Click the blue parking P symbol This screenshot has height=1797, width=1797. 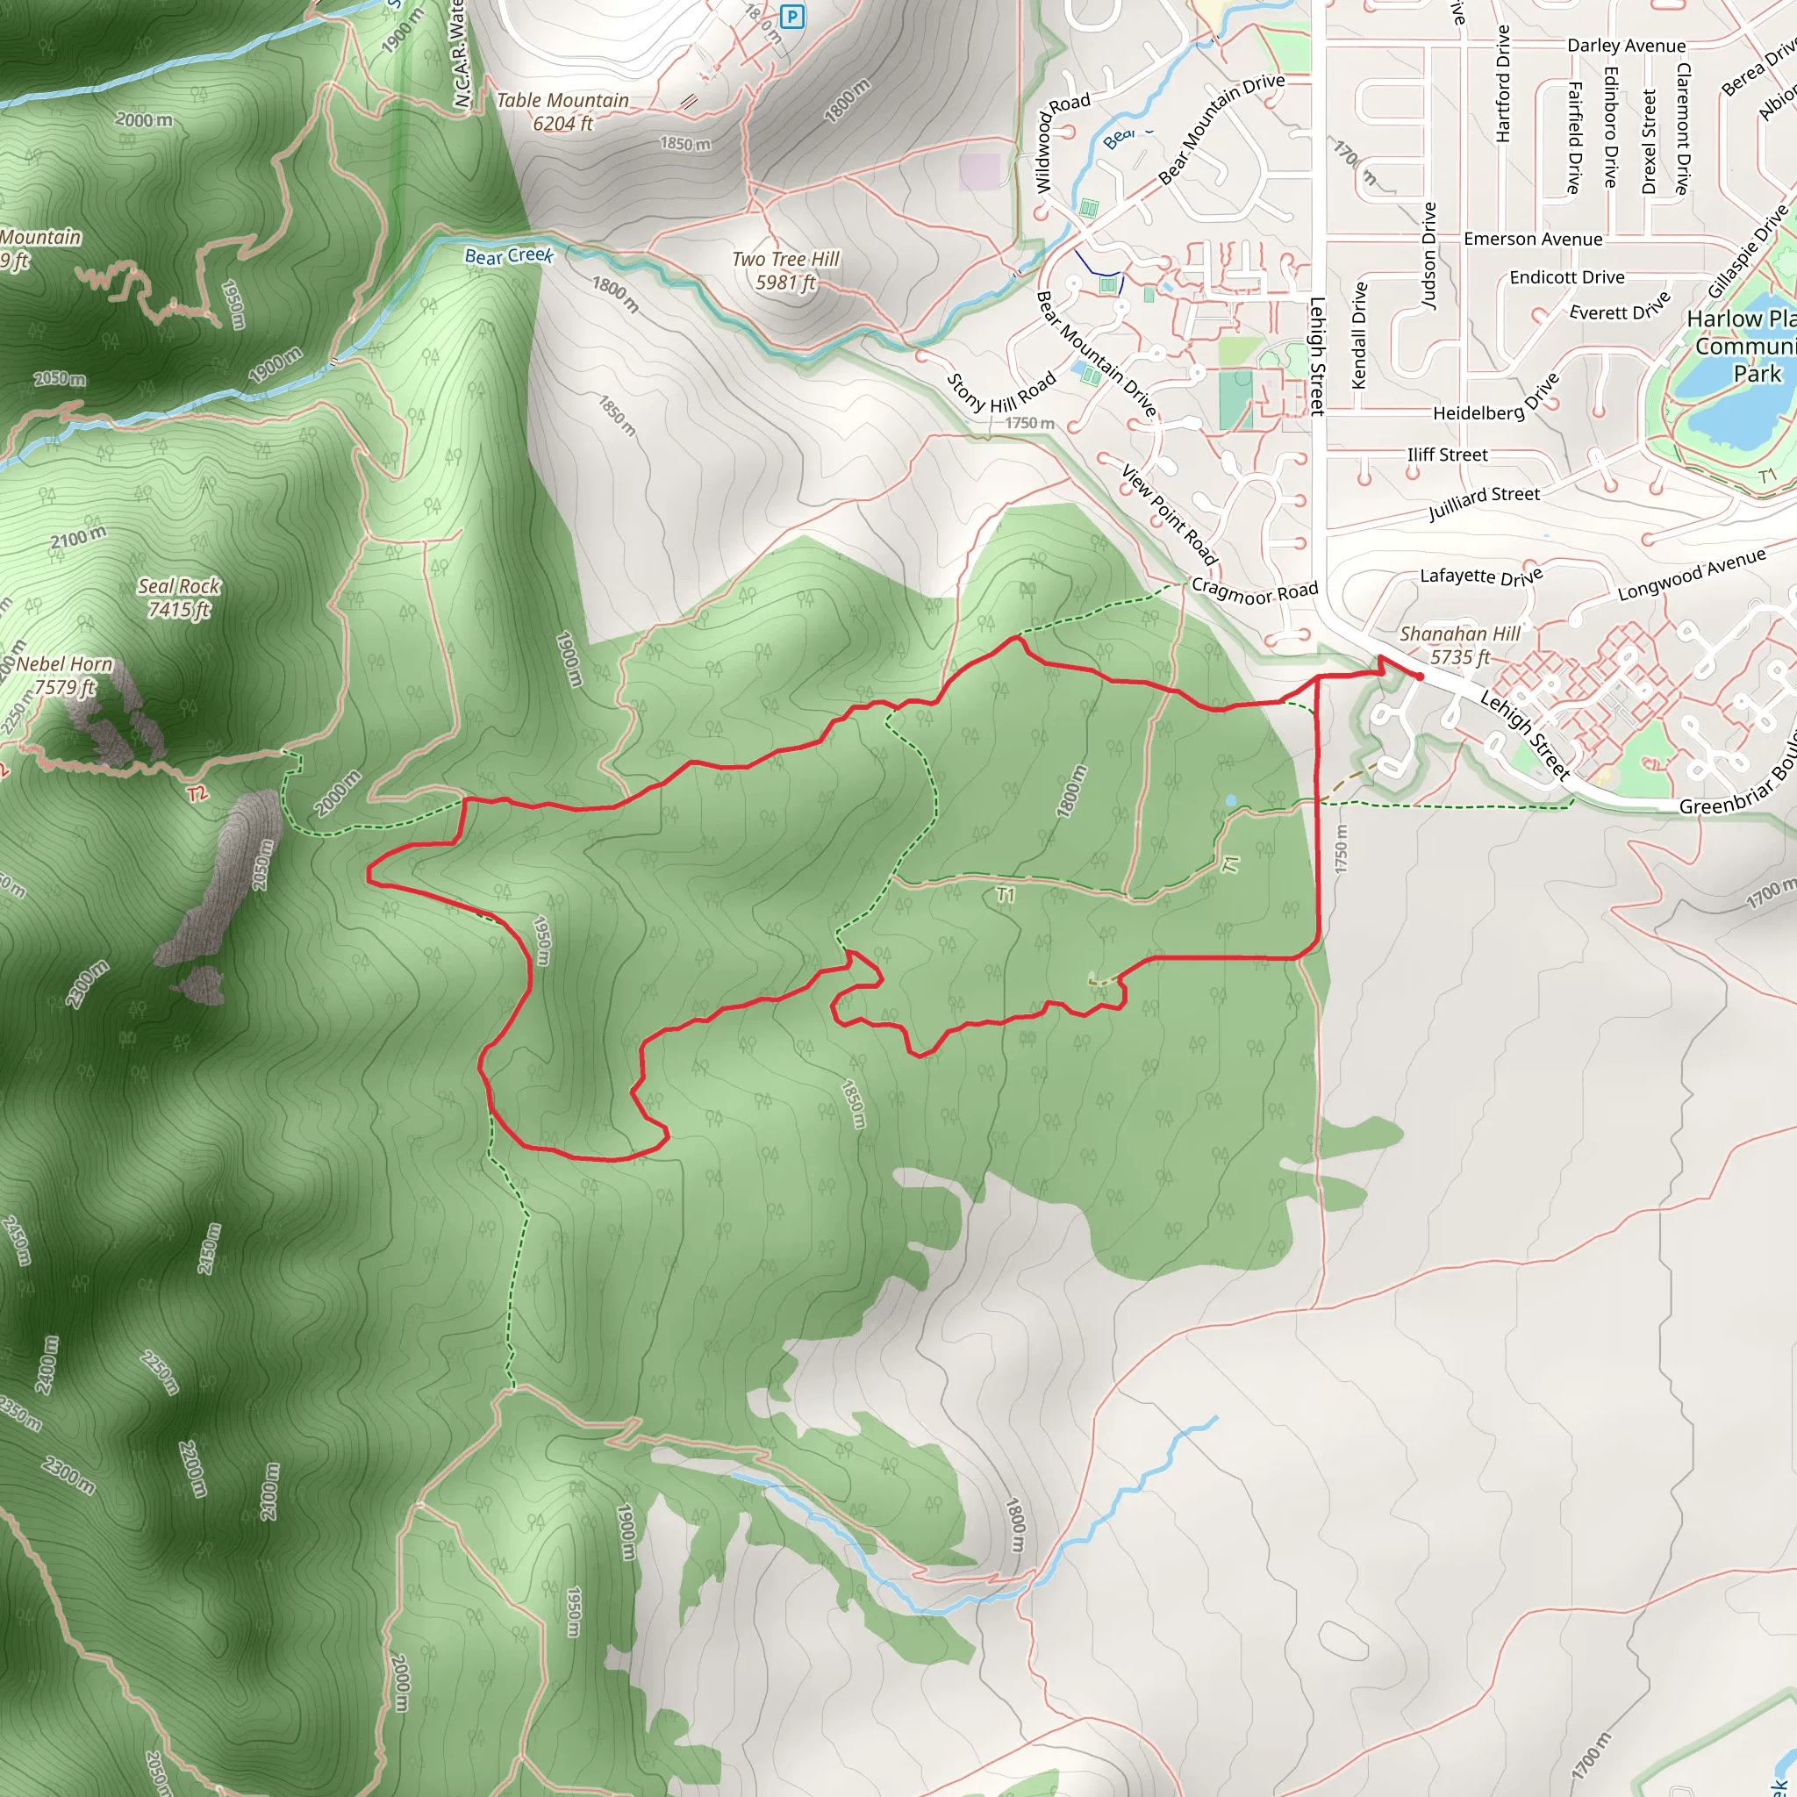pos(791,17)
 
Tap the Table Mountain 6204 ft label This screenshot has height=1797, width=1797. pos(562,111)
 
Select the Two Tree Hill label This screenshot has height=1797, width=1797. pos(786,269)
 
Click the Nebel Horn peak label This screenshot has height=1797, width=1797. pos(63,676)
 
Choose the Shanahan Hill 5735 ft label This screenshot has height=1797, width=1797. pos(1460,646)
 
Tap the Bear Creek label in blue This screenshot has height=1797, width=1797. pos(509,256)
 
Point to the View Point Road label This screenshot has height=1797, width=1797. pos(1169,514)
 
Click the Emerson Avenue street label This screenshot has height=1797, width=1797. pos(1533,239)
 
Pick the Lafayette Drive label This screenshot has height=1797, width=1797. pos(1481,576)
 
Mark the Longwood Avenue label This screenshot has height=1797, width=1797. pos(1692,575)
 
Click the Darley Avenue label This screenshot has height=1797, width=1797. pos(1626,46)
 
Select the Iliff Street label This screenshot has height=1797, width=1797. pos(1447,455)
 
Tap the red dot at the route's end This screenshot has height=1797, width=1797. pos(1420,677)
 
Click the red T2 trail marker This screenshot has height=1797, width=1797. pos(197,793)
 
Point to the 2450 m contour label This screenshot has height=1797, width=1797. pos(16,1241)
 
